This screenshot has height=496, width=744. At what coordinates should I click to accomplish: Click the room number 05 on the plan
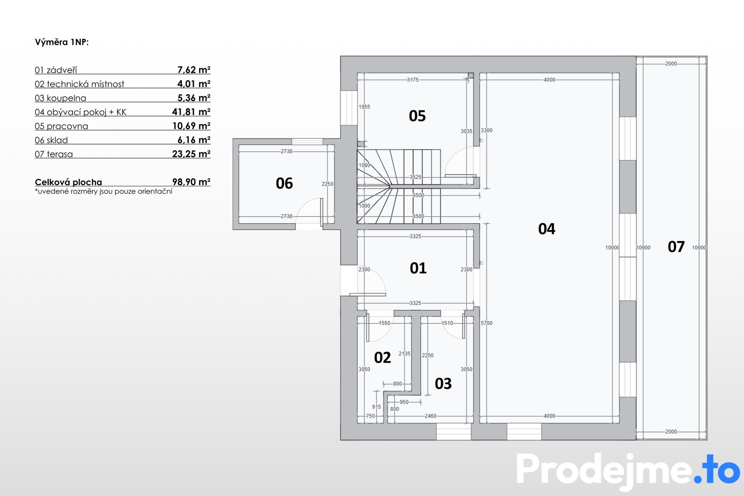click(x=417, y=116)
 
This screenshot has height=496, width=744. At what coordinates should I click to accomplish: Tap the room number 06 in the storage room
click(x=284, y=183)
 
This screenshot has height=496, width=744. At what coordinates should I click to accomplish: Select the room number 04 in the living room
click(x=547, y=229)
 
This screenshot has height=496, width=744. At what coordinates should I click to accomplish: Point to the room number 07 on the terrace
click(x=676, y=247)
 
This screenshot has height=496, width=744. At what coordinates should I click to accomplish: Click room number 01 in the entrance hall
click(x=418, y=268)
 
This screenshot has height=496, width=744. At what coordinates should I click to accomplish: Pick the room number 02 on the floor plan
click(x=382, y=358)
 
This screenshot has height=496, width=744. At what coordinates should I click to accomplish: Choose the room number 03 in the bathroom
click(x=443, y=384)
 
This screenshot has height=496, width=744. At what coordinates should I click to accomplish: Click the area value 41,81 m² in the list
click(x=191, y=112)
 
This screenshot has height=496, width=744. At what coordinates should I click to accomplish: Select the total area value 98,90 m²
click(x=191, y=182)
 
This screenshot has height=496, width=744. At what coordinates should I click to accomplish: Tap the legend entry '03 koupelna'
click(x=60, y=98)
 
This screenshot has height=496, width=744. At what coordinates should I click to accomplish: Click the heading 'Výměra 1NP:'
click(x=62, y=42)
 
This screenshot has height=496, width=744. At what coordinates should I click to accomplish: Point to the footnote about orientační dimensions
click(x=103, y=191)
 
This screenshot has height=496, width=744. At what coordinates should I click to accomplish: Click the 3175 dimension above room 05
click(x=413, y=80)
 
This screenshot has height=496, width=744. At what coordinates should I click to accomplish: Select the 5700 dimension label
click(x=487, y=323)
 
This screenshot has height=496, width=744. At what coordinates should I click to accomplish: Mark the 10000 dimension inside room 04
click(x=613, y=248)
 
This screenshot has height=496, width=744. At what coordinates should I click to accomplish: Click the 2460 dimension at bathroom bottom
click(x=431, y=416)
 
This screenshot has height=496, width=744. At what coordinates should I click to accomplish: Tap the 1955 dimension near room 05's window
click(x=364, y=107)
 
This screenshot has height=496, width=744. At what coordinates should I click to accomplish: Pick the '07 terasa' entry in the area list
click(x=54, y=154)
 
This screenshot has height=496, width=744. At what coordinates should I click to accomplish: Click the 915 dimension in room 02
click(x=377, y=407)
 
